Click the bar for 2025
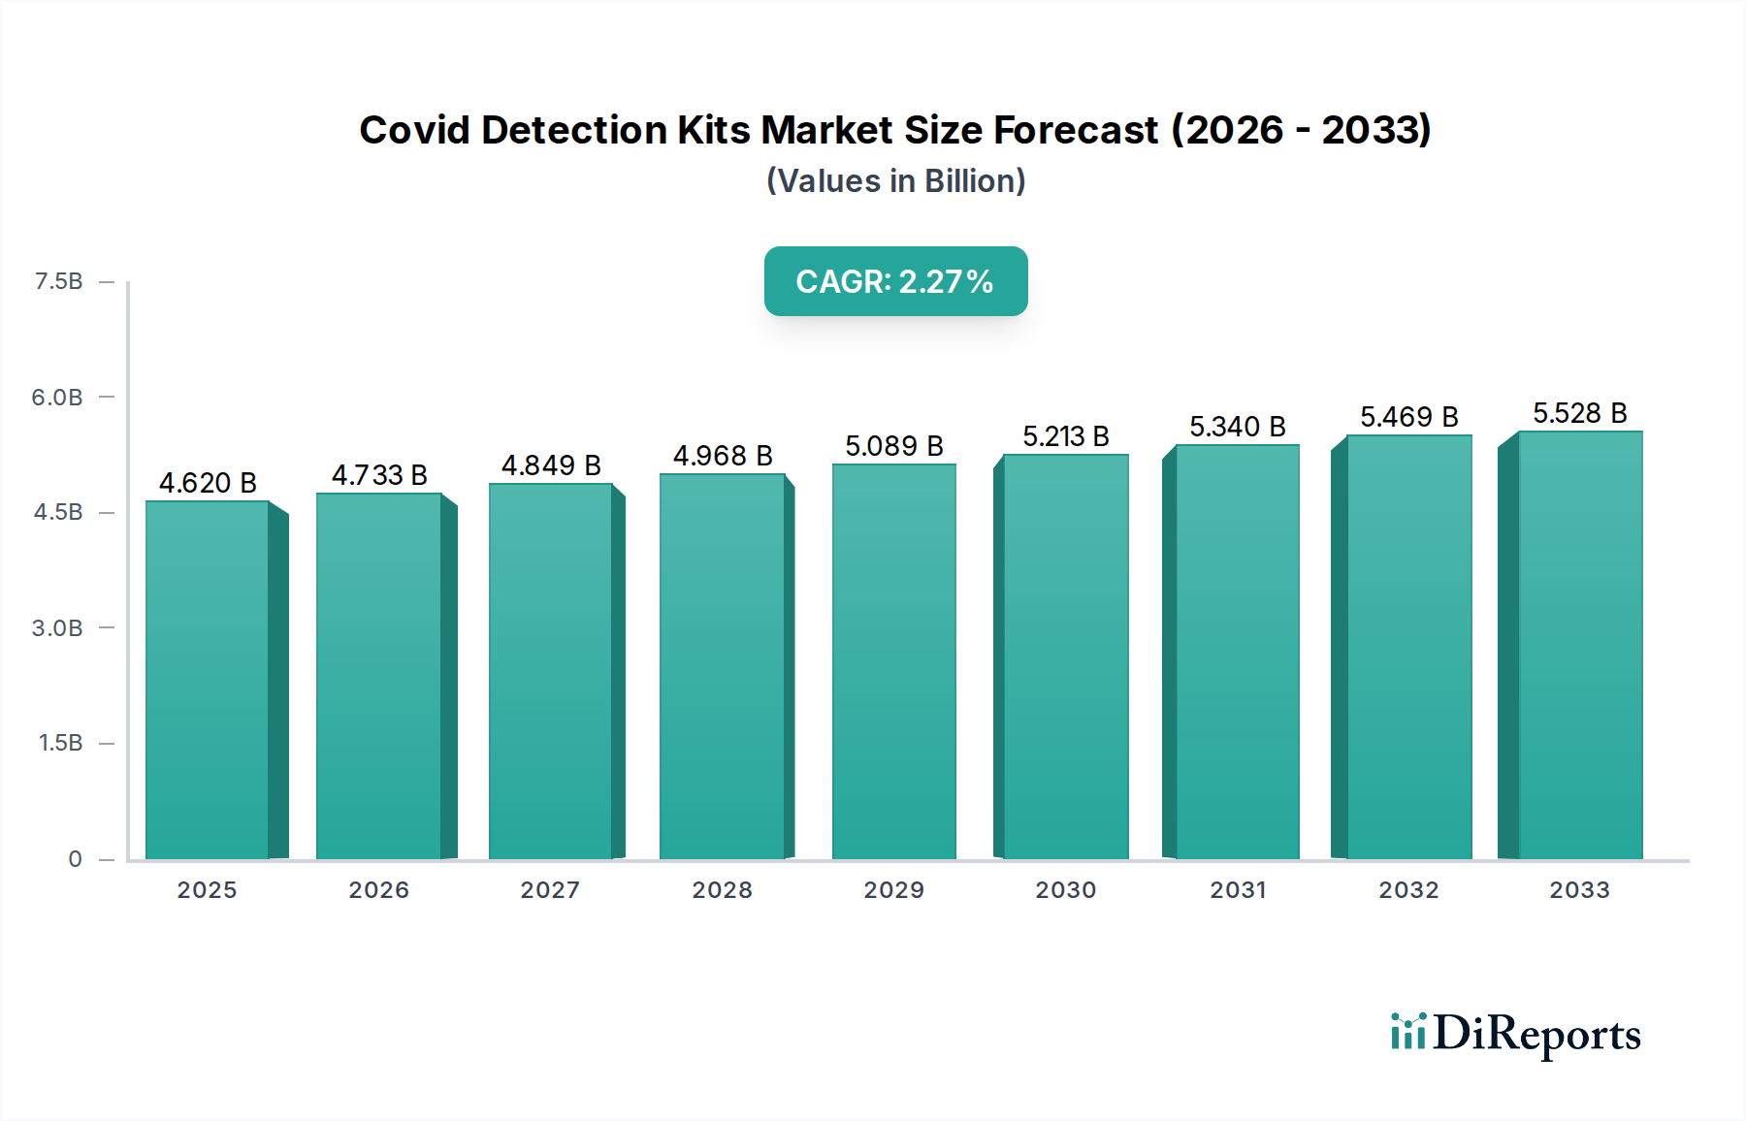pos(208,679)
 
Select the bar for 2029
pos(893,661)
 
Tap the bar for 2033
pos(1579,645)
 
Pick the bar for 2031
pos(1237,652)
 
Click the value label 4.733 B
pos(379,475)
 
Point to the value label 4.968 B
pos(723,456)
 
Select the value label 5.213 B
pos(1065,436)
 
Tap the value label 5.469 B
pos(1408,417)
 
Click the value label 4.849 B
pos(551,465)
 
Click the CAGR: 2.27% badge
pos(895,281)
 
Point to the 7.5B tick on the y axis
pos(58,281)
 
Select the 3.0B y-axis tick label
pos(57,627)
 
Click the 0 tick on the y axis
pos(75,858)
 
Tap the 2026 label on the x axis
pos(379,890)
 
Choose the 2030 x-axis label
pos(1065,890)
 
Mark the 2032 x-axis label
pos(1408,890)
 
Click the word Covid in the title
pos(414,130)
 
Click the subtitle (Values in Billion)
pos(895,181)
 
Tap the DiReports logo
pos(1515,1034)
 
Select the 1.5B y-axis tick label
pos(60,743)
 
